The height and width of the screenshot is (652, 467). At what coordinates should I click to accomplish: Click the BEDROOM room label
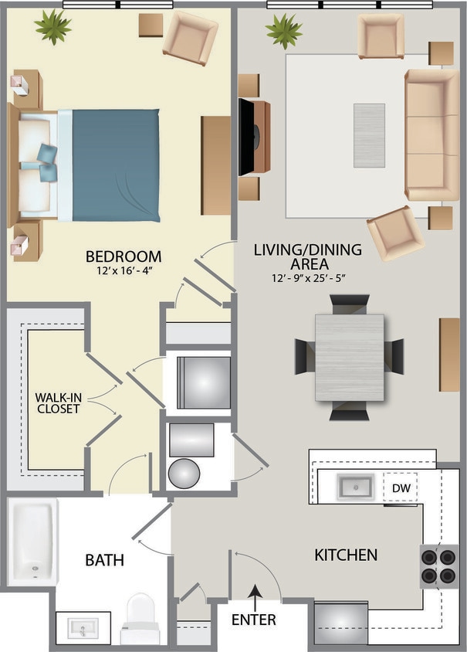click(x=124, y=256)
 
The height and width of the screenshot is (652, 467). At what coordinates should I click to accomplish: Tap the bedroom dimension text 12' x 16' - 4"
click(x=124, y=272)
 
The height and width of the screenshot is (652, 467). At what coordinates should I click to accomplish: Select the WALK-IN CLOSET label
click(x=57, y=403)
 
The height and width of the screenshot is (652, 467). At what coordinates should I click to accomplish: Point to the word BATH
click(x=105, y=559)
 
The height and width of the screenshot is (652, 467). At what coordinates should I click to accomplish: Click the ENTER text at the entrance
click(x=253, y=620)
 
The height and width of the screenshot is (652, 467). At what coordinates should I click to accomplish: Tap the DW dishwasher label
click(x=400, y=487)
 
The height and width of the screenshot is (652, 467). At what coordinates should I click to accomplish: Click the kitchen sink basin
click(x=355, y=487)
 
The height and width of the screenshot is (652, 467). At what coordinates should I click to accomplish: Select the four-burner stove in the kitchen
click(x=438, y=566)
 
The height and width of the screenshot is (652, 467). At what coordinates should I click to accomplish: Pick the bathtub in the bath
click(x=32, y=539)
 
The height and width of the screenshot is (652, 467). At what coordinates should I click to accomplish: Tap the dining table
click(x=349, y=357)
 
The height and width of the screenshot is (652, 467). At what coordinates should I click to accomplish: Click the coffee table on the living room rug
click(x=369, y=135)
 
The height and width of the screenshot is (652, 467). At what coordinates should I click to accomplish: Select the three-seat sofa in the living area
click(x=431, y=135)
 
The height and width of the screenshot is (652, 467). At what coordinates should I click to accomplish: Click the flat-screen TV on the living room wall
click(x=246, y=137)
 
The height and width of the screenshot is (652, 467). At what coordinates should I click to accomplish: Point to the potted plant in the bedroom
click(x=53, y=26)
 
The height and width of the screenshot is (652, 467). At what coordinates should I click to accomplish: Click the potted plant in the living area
click(x=284, y=31)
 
